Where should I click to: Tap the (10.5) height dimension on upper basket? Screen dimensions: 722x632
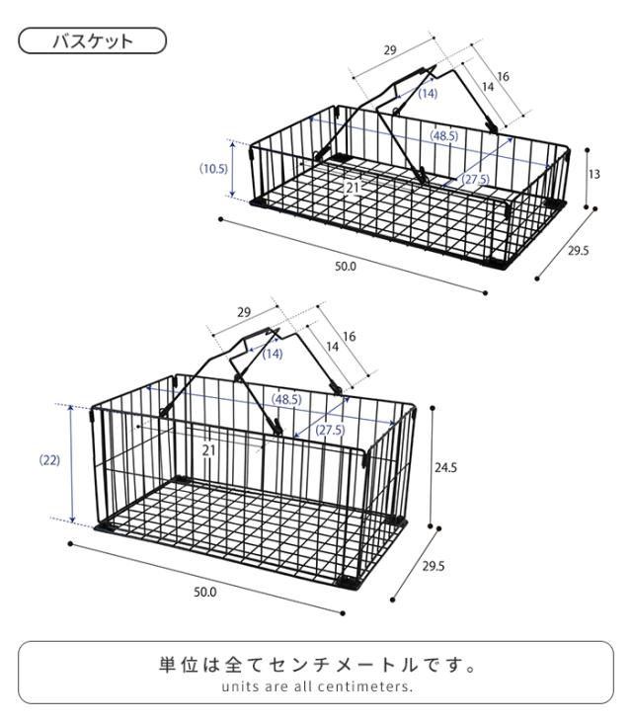[213, 169]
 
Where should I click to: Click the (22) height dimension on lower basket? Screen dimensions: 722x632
[48, 461]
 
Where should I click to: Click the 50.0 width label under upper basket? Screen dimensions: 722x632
[346, 267]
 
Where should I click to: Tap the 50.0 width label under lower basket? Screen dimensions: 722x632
[205, 592]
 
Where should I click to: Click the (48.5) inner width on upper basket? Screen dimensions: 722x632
[443, 136]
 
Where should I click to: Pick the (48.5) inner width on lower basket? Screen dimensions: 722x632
[286, 400]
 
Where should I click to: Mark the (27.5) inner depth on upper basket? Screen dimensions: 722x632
[476, 179]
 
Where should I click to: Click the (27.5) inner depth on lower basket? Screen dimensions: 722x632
[330, 431]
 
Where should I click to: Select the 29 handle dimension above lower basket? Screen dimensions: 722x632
[244, 312]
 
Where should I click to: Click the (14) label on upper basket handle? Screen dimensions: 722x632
[427, 94]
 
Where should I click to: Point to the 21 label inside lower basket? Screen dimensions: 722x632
[209, 450]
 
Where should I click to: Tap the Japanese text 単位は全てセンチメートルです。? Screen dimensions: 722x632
[315, 665]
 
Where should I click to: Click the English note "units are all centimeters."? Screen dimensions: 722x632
[315, 686]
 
